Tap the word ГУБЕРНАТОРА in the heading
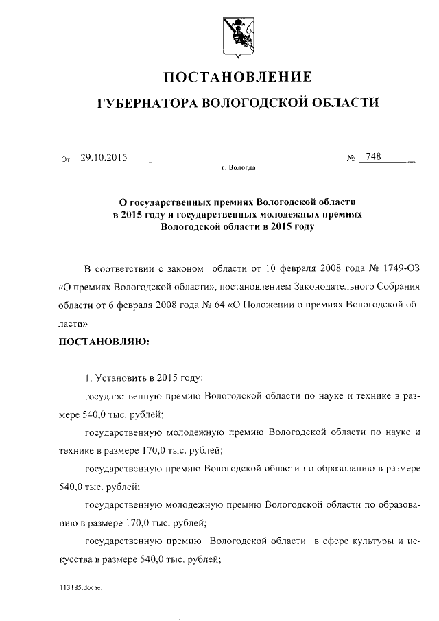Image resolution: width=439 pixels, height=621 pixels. [x=145, y=103]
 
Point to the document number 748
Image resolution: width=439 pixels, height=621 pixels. [x=374, y=157]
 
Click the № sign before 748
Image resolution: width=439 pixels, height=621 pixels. [x=351, y=159]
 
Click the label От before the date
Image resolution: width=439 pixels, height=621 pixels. [x=66, y=159]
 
